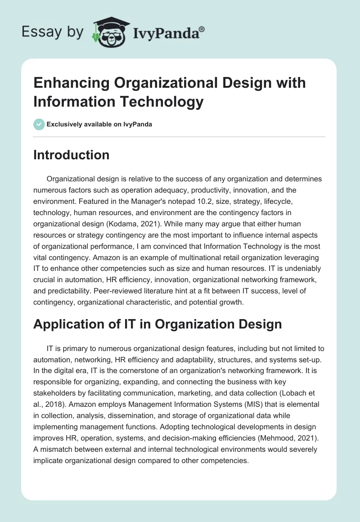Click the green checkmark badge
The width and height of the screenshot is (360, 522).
[x=39, y=124]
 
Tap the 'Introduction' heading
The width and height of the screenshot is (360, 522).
[x=71, y=155]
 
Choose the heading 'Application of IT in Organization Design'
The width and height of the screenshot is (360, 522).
[x=157, y=324]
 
